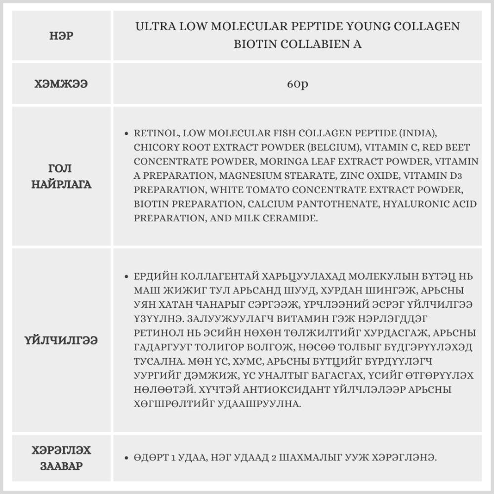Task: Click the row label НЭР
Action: (62, 36)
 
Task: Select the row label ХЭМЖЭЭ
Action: (62, 84)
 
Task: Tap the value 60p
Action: (297, 84)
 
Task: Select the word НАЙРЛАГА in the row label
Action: (62, 185)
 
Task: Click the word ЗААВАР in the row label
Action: (62, 466)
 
